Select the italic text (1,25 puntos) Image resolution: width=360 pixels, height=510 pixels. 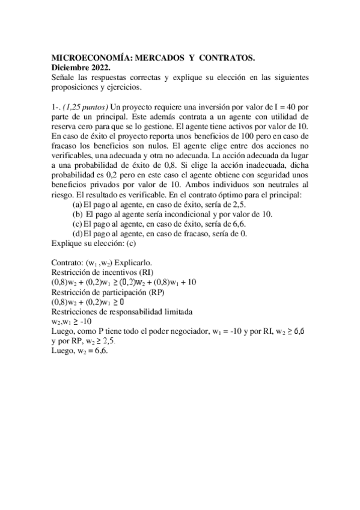point(84,106)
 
